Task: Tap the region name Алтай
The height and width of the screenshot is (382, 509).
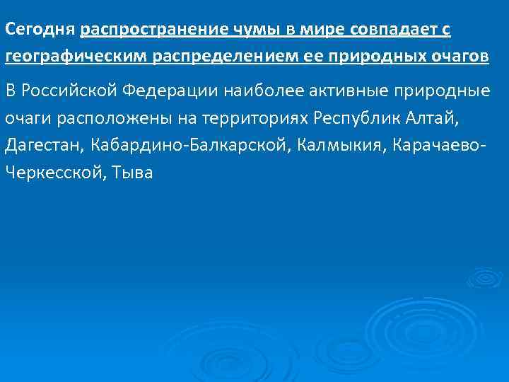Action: coord(439,117)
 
